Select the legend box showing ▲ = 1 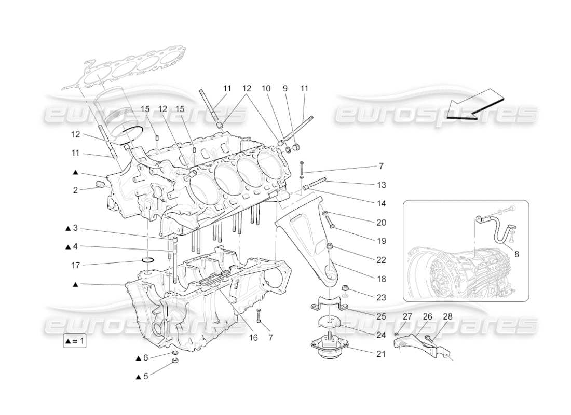[75, 341]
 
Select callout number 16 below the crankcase [253, 337]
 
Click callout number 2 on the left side [75, 190]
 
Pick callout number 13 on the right [382, 185]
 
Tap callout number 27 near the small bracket [407, 316]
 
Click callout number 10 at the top [266, 89]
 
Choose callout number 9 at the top [285, 89]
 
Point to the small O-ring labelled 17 [148, 260]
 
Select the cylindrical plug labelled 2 [101, 185]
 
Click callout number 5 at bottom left [145, 376]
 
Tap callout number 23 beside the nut [382, 297]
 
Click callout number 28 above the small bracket [447, 316]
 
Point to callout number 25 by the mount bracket [382, 316]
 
